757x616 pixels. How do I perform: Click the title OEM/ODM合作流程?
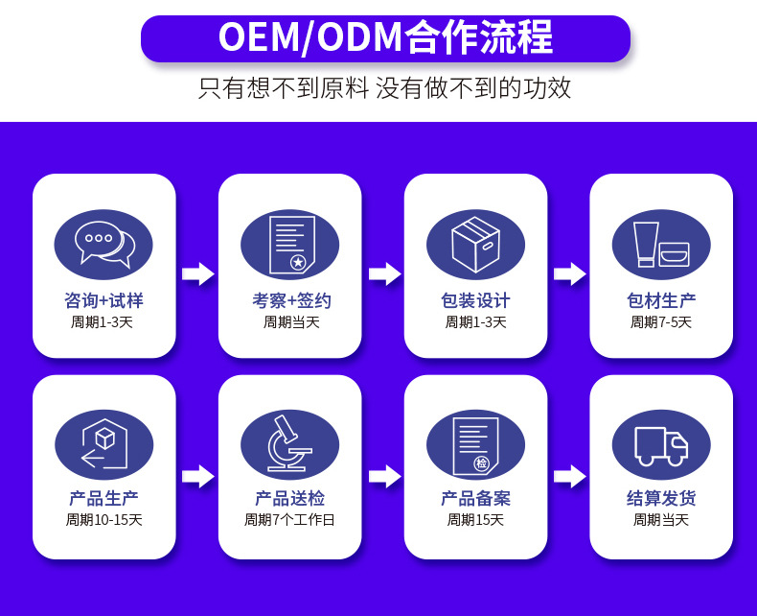tap(385, 37)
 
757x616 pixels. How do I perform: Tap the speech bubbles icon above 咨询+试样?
tap(103, 244)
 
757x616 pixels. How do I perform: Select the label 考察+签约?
tap(291, 300)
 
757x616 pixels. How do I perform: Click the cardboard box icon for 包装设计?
tap(475, 244)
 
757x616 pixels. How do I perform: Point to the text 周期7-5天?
tap(661, 322)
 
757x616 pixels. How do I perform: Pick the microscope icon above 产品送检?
tap(289, 443)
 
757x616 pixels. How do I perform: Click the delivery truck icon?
tap(661, 446)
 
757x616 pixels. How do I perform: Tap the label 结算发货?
tap(661, 498)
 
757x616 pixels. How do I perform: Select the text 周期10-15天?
tap(103, 520)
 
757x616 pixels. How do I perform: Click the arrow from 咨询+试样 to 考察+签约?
tap(198, 274)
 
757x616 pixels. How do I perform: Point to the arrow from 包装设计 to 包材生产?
tap(570, 274)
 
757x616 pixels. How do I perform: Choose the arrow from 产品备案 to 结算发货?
tap(570, 477)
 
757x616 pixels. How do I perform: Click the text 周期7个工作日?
tap(289, 520)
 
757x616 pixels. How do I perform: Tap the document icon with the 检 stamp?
tap(475, 446)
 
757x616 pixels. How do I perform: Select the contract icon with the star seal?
tap(292, 245)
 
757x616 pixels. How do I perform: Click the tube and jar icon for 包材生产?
tap(661, 244)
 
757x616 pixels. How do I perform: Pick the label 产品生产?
tap(103, 498)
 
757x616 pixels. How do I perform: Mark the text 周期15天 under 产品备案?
tap(475, 520)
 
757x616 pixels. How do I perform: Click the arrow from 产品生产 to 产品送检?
tap(198, 477)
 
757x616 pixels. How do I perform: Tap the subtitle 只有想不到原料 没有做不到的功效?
tap(385, 88)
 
